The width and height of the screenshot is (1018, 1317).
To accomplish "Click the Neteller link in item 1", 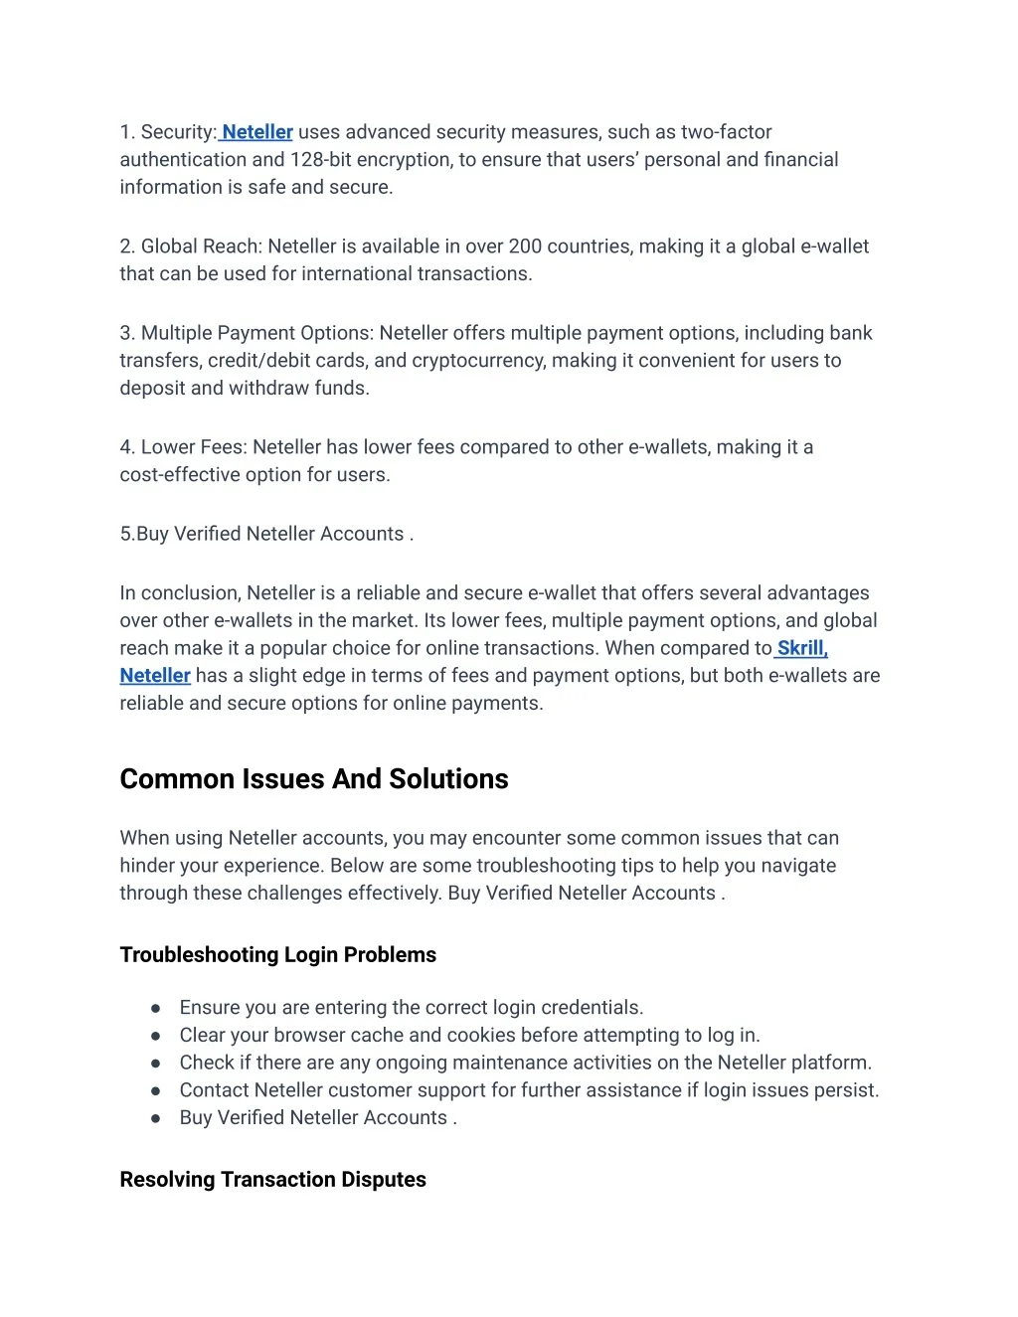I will (257, 132).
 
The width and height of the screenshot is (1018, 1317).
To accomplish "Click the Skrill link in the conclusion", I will (801, 648).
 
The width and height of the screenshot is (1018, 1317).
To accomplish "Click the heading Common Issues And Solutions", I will (314, 779).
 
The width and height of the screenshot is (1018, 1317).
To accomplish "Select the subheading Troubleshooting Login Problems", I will (278, 955).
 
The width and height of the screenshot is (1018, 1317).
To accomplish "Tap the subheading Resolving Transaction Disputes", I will (273, 1180).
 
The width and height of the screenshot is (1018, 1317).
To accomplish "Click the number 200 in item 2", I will (525, 247).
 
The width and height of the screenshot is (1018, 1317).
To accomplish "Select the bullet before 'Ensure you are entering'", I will (156, 1008).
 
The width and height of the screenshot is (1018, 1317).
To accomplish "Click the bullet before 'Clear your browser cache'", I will (156, 1036).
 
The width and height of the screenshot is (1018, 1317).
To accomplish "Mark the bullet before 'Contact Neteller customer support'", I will (156, 1090).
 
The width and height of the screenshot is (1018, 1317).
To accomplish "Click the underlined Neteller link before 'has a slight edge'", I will (155, 676).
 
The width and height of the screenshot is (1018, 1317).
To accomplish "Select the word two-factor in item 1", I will (726, 132).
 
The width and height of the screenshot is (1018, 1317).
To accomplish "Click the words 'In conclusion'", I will (179, 593).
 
